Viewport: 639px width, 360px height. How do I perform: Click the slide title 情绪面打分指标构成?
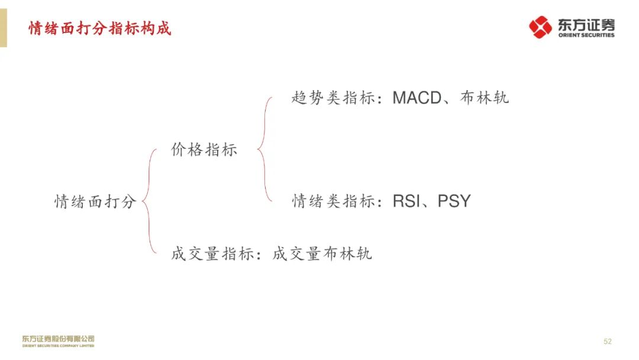(x=100, y=28)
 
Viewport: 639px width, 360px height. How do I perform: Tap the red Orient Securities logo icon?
(x=540, y=27)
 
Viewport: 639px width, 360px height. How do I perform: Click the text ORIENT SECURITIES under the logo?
(x=586, y=35)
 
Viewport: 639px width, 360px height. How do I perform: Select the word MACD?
(x=417, y=98)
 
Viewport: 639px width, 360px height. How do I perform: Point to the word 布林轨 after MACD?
(x=484, y=98)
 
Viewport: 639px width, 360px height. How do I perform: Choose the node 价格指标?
(x=204, y=150)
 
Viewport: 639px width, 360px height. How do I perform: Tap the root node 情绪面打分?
(x=95, y=201)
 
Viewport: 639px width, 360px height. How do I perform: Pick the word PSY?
(x=454, y=201)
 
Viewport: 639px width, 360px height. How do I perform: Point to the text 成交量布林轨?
(x=322, y=254)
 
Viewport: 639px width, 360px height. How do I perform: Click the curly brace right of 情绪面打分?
(x=150, y=201)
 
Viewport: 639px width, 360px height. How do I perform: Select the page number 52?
(x=607, y=342)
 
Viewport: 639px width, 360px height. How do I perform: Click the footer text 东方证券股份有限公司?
(x=58, y=339)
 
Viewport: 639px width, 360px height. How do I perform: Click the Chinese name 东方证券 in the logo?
(x=586, y=24)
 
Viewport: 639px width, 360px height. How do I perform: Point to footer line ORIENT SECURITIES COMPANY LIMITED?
(x=58, y=345)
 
